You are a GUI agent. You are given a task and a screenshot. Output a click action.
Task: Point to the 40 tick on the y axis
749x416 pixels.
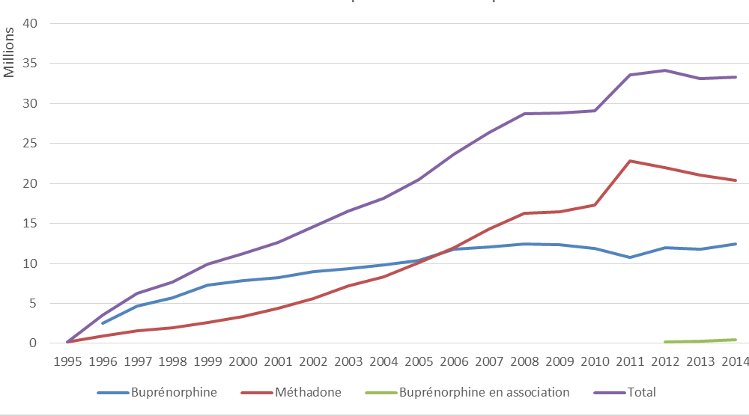[x=31, y=24]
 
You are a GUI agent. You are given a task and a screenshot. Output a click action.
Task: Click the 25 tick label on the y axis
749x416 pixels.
[x=31, y=144]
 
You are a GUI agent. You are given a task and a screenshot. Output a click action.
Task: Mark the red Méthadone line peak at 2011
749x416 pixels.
[x=631, y=161]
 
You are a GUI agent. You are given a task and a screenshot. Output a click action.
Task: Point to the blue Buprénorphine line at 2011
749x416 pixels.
[x=631, y=257]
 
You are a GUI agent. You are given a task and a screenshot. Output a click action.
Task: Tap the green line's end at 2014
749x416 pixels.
[x=736, y=340]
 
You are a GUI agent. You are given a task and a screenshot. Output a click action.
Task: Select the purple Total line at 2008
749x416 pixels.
[x=525, y=114]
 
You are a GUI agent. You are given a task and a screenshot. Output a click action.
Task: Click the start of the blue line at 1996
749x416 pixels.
[x=103, y=323]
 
